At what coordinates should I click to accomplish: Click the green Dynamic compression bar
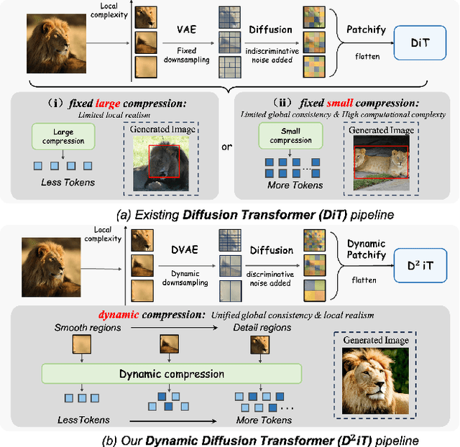[172, 374]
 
